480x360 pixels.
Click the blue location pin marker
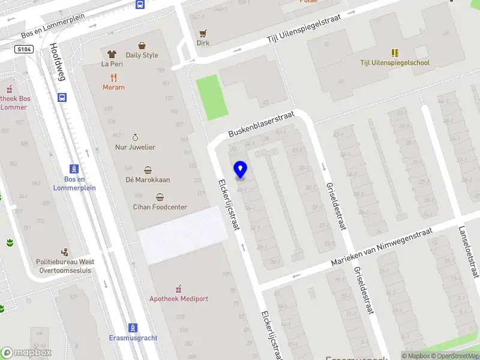pos(241,170)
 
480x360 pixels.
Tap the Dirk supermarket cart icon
pos(203,33)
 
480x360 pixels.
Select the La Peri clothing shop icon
pos(112,54)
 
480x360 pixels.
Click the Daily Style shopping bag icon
pos(142,46)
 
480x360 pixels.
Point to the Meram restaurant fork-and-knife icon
pos(113,77)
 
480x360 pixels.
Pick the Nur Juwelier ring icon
pos(135,137)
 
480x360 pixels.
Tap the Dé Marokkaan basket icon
pos(148,170)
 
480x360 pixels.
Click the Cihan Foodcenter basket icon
pos(160,197)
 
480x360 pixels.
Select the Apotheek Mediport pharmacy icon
pos(178,289)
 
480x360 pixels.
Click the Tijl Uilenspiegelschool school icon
pos(395,53)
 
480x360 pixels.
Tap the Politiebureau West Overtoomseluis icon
pos(65,253)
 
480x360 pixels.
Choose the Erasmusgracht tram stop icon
pos(133,328)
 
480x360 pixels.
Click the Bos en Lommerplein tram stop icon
pos(74,169)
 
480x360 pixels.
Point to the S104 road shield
pos(24,50)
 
